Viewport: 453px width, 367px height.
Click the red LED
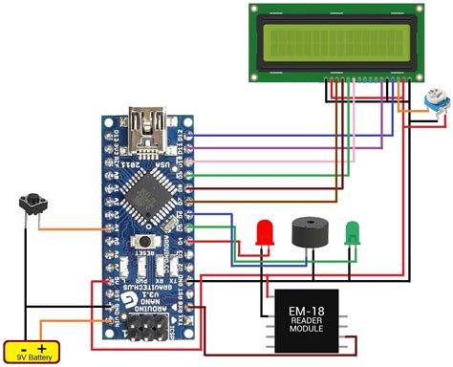(266, 232)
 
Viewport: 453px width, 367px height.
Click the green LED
(353, 231)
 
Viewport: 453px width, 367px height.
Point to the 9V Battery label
(32, 357)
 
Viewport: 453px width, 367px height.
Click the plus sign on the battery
(42, 348)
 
